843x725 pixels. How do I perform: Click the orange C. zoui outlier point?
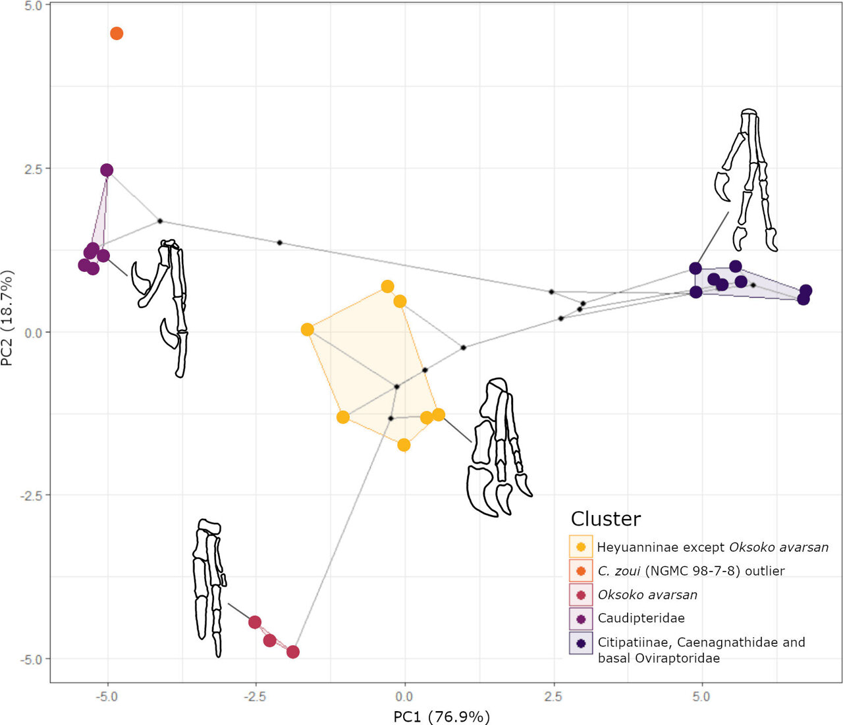click(x=117, y=34)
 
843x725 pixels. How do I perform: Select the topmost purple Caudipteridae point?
click(x=107, y=171)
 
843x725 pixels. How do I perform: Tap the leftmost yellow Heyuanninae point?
click(x=307, y=330)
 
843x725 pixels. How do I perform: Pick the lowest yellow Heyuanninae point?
click(x=404, y=445)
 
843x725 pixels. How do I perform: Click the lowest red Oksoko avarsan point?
click(x=293, y=652)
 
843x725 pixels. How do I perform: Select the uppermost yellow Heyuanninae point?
click(x=387, y=286)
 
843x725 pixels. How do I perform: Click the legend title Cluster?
click(x=605, y=519)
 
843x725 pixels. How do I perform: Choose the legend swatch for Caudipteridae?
click(x=581, y=618)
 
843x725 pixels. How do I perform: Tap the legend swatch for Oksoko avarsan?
click(x=581, y=595)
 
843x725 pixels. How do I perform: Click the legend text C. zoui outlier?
click(x=691, y=571)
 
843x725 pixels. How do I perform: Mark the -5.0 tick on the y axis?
click(x=31, y=658)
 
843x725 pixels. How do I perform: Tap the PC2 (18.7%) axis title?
click(x=9, y=318)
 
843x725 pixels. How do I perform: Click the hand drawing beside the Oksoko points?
click(x=209, y=586)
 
